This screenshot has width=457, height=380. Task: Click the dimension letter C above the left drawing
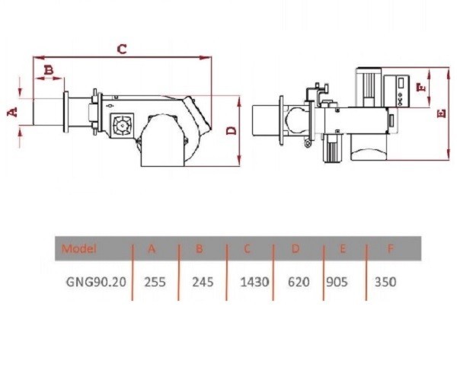coord(122,49)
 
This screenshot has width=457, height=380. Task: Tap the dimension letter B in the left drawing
coord(49,70)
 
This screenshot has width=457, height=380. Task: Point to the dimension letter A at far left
coord(12,112)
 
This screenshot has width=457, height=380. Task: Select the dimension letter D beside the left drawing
coord(232,130)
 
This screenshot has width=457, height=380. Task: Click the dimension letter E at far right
coord(442,113)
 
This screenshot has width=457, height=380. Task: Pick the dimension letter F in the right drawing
coord(421,87)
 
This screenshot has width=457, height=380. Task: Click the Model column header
coord(78,248)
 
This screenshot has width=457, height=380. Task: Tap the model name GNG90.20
coord(96,282)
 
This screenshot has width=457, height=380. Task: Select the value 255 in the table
coord(155,282)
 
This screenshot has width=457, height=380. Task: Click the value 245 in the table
coord(203,282)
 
